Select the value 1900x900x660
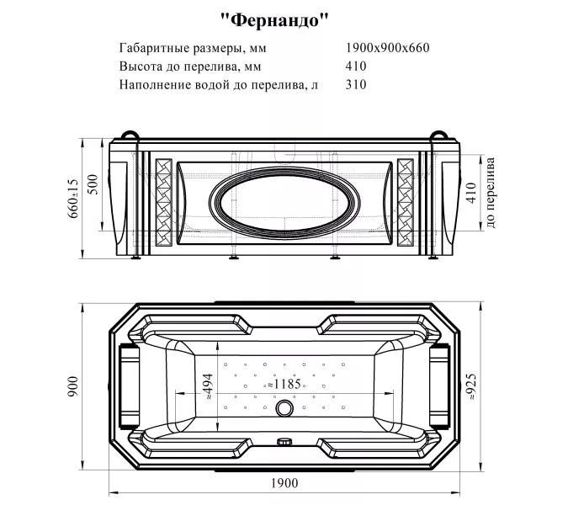[388, 48]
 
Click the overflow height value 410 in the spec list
[356, 66]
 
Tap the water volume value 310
[356, 85]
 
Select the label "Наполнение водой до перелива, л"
[219, 85]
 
